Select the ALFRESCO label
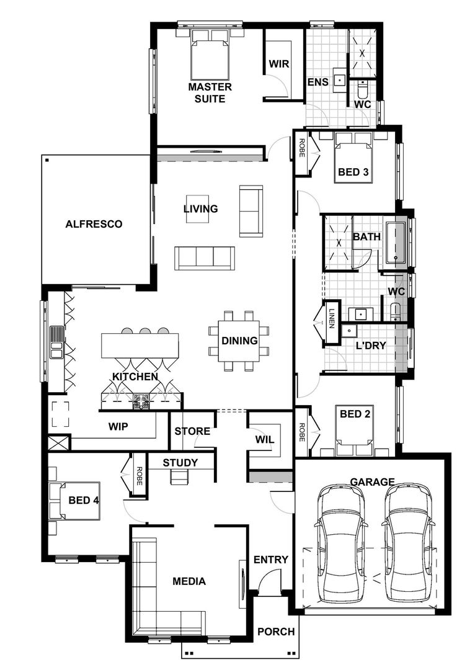94,224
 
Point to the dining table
239,341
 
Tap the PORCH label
276,632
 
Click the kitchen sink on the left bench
56,343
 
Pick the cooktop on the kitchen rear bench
140,401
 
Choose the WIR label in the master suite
278,64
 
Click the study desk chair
180,476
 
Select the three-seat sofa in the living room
204,256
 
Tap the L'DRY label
371,346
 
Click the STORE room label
192,431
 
